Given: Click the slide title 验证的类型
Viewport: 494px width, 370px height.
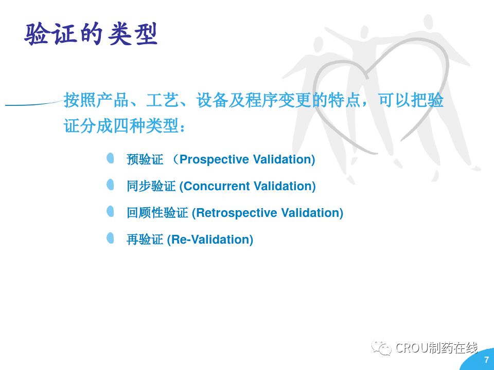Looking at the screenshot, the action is pyautogui.click(x=91, y=34).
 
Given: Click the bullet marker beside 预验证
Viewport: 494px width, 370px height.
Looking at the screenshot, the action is pyautogui.click(x=110, y=158).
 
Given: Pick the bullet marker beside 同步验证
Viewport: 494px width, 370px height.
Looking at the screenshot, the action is pyautogui.click(x=110, y=184).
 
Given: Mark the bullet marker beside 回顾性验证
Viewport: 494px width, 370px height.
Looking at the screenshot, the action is pyautogui.click(x=110, y=211).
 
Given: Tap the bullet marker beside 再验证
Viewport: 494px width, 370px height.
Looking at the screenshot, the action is pyautogui.click(x=110, y=238).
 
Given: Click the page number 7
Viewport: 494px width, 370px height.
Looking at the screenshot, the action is pyautogui.click(x=487, y=360).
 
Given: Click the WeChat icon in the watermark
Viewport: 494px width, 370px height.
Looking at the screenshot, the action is pyautogui.click(x=381, y=347).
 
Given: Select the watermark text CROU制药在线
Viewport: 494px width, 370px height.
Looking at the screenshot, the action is pyautogui.click(x=436, y=348).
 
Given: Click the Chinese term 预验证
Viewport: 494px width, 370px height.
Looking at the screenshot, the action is pyautogui.click(x=145, y=159).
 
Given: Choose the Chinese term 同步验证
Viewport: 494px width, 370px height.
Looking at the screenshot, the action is pyautogui.click(x=151, y=186).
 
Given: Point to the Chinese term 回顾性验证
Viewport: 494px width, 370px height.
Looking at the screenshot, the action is pyautogui.click(x=157, y=213).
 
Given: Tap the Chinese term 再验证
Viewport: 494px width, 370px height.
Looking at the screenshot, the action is pyautogui.click(x=145, y=240).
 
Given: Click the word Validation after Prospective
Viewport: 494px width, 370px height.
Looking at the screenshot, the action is pyautogui.click(x=283, y=159).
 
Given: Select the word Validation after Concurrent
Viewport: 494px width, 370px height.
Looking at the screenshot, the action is pyautogui.click(x=283, y=186).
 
